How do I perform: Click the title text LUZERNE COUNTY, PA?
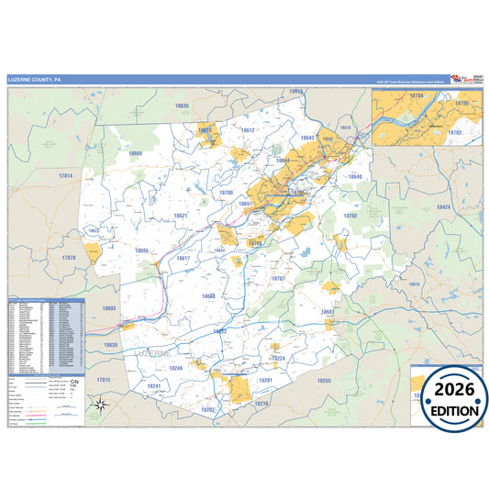[36, 80]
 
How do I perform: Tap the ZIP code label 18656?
[135, 154]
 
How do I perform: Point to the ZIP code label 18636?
[181, 106]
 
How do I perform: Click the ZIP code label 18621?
[180, 216]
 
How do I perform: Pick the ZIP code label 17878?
[68, 258]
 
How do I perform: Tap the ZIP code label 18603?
[108, 308]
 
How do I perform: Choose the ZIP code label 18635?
[110, 345]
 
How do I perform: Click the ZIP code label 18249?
[176, 368]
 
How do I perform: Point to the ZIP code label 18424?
[443, 207]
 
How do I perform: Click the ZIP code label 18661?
[328, 312]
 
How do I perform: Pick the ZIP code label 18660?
[208, 297]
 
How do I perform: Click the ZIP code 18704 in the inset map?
[417, 95]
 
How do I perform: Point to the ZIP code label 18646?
[354, 176]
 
